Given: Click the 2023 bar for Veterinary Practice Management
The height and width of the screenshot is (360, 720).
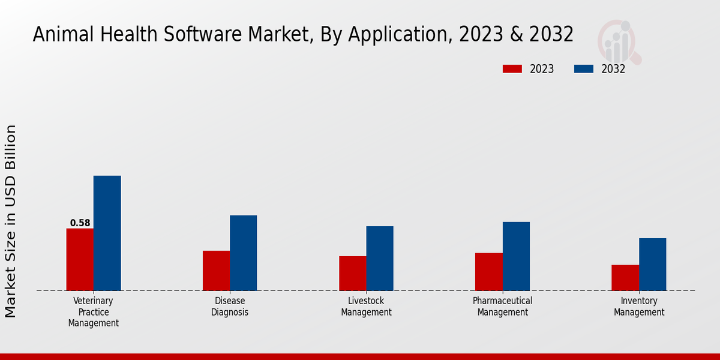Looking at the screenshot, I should click(80, 259).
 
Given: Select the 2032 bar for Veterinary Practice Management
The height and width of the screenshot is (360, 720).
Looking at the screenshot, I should click(107, 233).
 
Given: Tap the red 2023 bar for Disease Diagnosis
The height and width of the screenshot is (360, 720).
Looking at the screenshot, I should click(216, 271).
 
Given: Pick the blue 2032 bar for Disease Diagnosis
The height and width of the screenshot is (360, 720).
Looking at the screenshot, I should click(243, 253).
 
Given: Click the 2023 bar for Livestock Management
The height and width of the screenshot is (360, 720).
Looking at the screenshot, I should click(352, 273).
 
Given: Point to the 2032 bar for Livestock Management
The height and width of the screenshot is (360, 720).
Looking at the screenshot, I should click(380, 258).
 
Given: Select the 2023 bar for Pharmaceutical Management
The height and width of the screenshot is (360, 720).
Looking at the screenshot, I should click(488, 271).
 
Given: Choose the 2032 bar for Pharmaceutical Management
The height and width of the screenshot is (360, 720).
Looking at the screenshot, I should click(516, 256).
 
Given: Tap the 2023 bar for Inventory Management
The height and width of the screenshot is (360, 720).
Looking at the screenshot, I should click(625, 277).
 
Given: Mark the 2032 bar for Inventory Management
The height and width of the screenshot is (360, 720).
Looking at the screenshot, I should click(652, 264).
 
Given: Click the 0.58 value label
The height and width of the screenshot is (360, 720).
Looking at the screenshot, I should click(80, 223).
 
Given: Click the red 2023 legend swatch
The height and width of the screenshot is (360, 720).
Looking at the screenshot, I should click(512, 69).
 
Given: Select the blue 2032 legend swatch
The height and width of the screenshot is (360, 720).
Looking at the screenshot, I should click(583, 69).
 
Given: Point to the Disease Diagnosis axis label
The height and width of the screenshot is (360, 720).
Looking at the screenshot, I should click(230, 307).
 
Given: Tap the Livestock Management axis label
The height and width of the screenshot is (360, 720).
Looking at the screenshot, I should click(366, 307).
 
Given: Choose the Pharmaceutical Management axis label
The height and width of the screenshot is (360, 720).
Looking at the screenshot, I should click(502, 307).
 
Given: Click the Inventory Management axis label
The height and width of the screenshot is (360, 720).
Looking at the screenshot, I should click(639, 307).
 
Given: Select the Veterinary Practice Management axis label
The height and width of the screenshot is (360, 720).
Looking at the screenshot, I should click(93, 312).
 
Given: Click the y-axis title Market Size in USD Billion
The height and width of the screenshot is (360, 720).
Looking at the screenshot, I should click(11, 221).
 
